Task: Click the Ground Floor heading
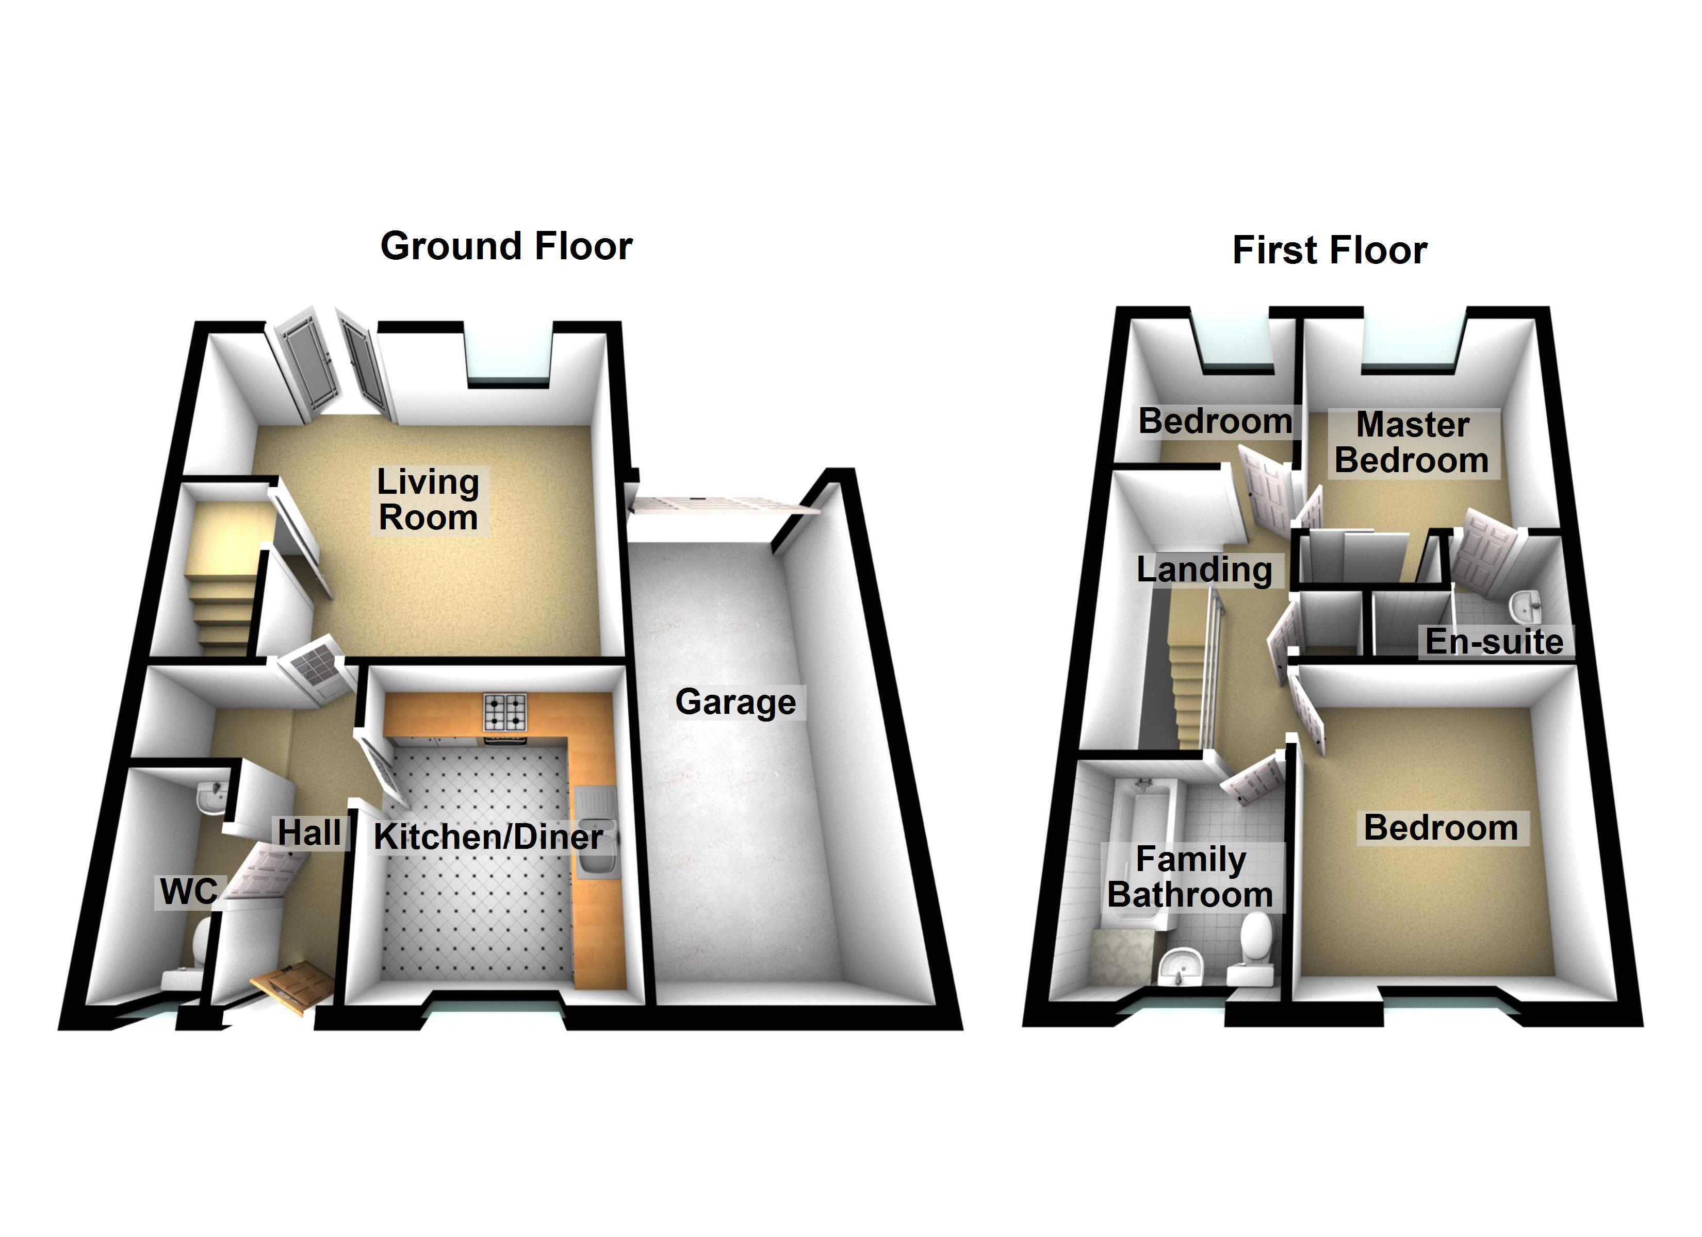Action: coord(506,247)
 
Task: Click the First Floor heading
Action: coord(1329,250)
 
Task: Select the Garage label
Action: coord(735,702)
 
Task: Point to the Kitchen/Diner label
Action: coord(488,837)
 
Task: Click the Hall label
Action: coord(309,833)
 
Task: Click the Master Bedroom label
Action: coord(1412,443)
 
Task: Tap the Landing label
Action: coord(1204,570)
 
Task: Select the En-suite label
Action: coord(1494,641)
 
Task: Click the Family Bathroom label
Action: coord(1190,877)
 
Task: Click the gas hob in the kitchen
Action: coord(505,713)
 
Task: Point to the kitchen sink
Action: coord(597,833)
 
